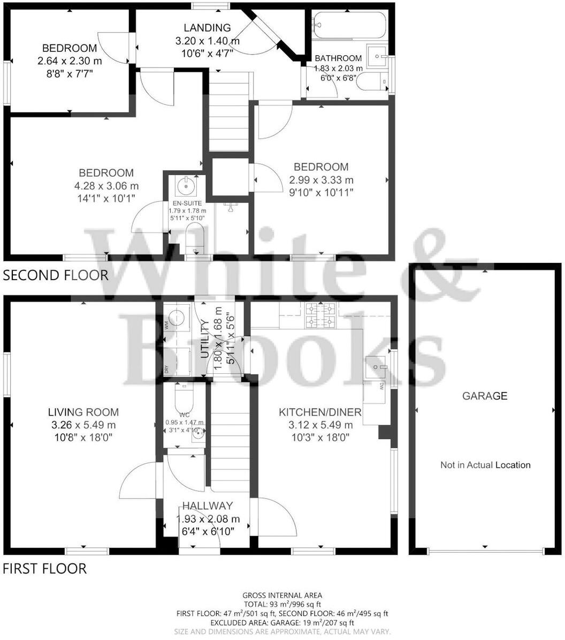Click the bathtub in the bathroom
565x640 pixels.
pos(349,25)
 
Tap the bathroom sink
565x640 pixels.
pos(380,55)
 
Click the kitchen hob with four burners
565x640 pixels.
pos(320,315)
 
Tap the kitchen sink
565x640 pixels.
pos(377,367)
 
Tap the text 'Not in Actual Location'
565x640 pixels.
pos(485,465)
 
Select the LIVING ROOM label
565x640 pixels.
pos(83,412)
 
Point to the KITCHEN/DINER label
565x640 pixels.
pos(320,412)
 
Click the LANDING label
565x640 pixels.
pos(207,28)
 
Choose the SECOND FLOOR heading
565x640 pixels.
pos(56,275)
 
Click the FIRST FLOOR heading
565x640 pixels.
pos(44,568)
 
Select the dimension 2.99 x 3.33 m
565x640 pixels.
pos(321,180)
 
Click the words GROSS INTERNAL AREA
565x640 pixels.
pos(282,595)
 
